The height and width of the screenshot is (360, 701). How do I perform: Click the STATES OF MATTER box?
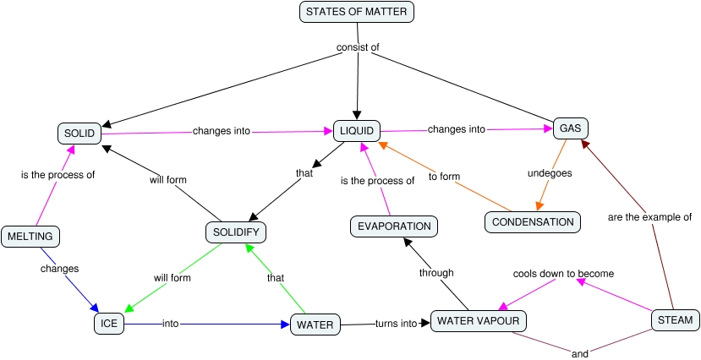tap(357, 12)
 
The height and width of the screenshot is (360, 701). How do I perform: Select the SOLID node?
tap(80, 133)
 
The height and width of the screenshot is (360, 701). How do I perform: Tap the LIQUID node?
tap(357, 131)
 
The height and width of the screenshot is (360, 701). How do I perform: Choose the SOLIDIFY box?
tap(236, 232)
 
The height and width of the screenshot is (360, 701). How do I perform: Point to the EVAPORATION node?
tap(394, 226)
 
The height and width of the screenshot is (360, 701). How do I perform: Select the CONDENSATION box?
tap(533, 222)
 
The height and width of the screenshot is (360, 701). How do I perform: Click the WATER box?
tap(315, 324)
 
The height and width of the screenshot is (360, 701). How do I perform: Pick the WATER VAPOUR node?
tap(479, 321)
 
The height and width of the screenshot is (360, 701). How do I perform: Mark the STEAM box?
tap(675, 320)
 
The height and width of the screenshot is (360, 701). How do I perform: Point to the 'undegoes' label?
tap(550, 173)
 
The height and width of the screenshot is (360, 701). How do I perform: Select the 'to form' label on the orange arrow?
tap(444, 177)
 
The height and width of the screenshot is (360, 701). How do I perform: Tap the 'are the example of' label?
tap(649, 217)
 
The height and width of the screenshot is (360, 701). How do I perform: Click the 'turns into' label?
tap(397, 324)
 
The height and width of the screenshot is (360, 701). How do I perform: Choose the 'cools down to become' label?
tap(564, 274)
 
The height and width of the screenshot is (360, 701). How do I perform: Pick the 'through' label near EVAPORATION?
tap(436, 273)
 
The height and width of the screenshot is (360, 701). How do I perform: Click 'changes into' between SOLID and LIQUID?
tap(219, 131)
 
